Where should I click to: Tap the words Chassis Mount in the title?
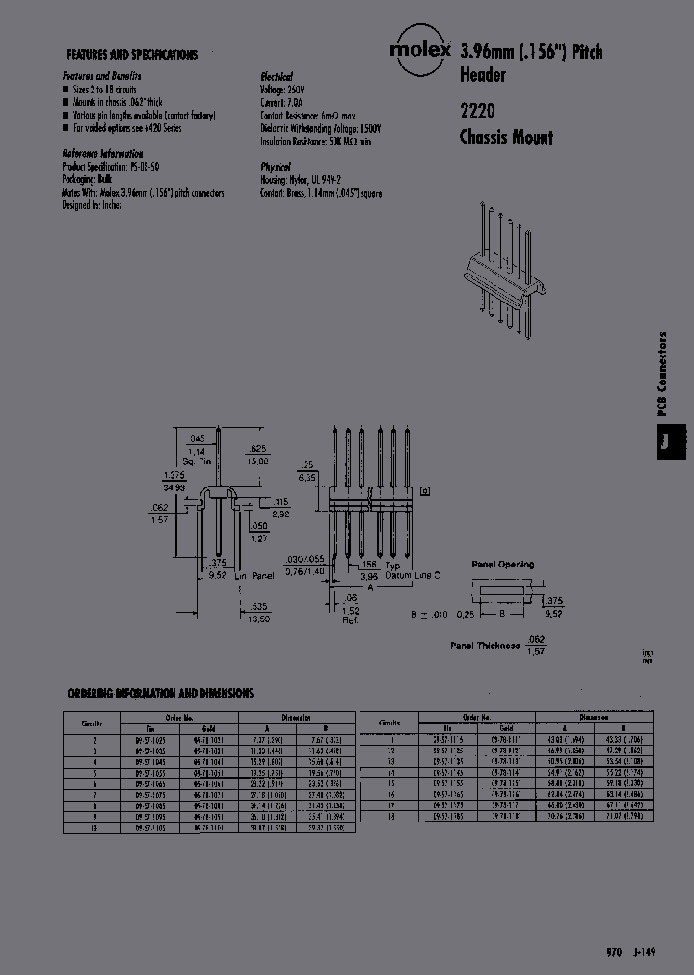pyautogui.click(x=506, y=137)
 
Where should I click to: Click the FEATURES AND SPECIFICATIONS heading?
pyautogui.click(x=131, y=55)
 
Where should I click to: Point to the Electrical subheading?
pyautogui.click(x=277, y=76)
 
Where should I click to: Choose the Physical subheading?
pyautogui.click(x=276, y=166)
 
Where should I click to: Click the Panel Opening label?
pyautogui.click(x=502, y=565)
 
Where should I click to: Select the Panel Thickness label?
pyautogui.click(x=485, y=646)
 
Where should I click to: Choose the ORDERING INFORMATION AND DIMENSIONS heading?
pyautogui.click(x=161, y=693)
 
